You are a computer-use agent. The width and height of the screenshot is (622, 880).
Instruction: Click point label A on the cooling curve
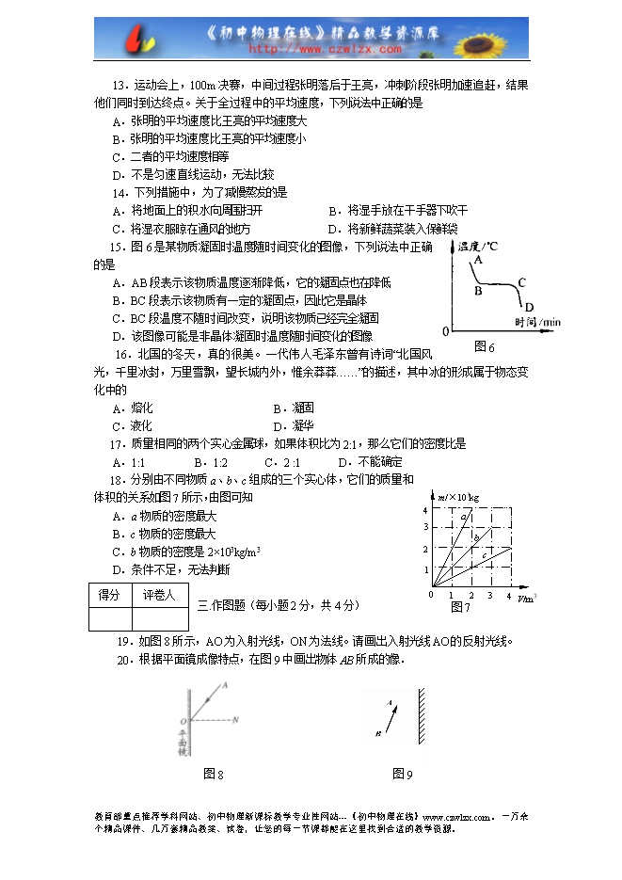click(x=478, y=259)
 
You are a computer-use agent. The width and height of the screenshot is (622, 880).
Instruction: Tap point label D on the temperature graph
click(x=529, y=307)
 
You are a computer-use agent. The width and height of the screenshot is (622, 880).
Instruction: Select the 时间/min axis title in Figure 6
click(x=537, y=322)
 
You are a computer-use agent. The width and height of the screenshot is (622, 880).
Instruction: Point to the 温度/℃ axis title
click(x=476, y=247)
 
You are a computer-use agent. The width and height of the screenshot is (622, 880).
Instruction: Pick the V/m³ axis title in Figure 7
click(x=528, y=597)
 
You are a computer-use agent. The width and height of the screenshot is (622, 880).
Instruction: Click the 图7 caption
click(x=460, y=607)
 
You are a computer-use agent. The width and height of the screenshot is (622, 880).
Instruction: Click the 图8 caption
click(x=214, y=774)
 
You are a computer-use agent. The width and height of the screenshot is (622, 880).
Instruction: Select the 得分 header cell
click(x=109, y=596)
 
